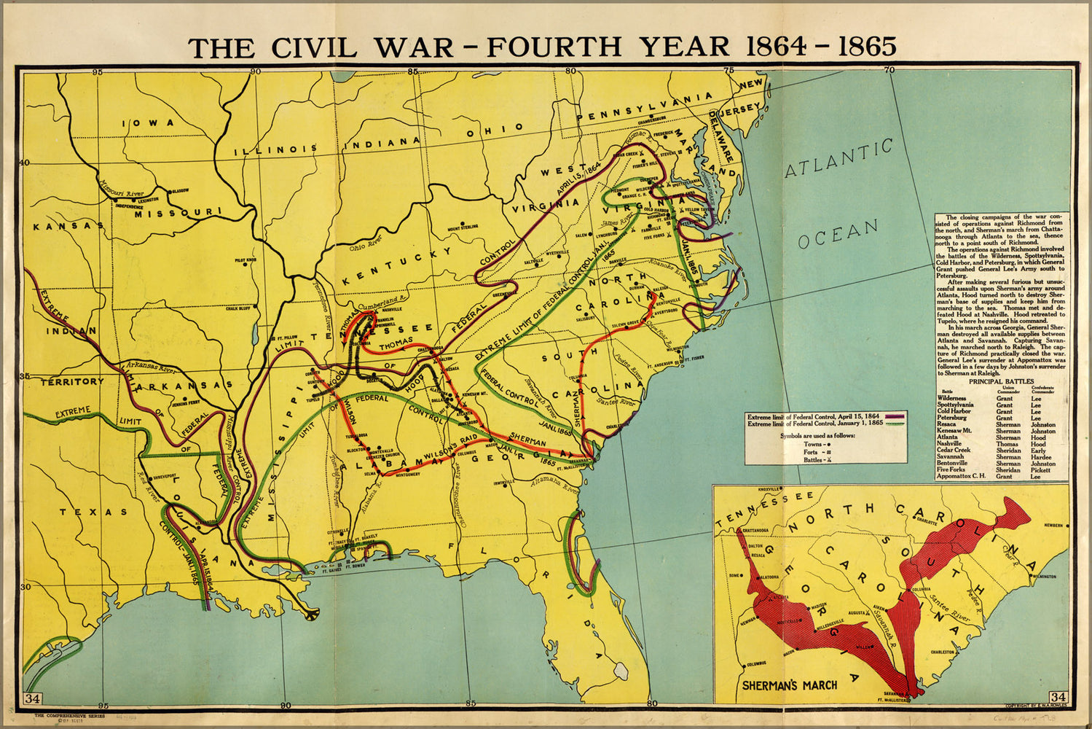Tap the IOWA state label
click(x=149, y=123)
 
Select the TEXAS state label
click(x=93, y=512)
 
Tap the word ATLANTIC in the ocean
click(x=838, y=158)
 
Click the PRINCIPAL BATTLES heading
click(x=1001, y=381)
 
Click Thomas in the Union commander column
click(x=1007, y=444)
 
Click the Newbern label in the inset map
click(x=1053, y=525)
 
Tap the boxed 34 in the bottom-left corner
click(x=32, y=698)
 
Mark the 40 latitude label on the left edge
click(x=24, y=163)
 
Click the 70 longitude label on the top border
click(x=888, y=71)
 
